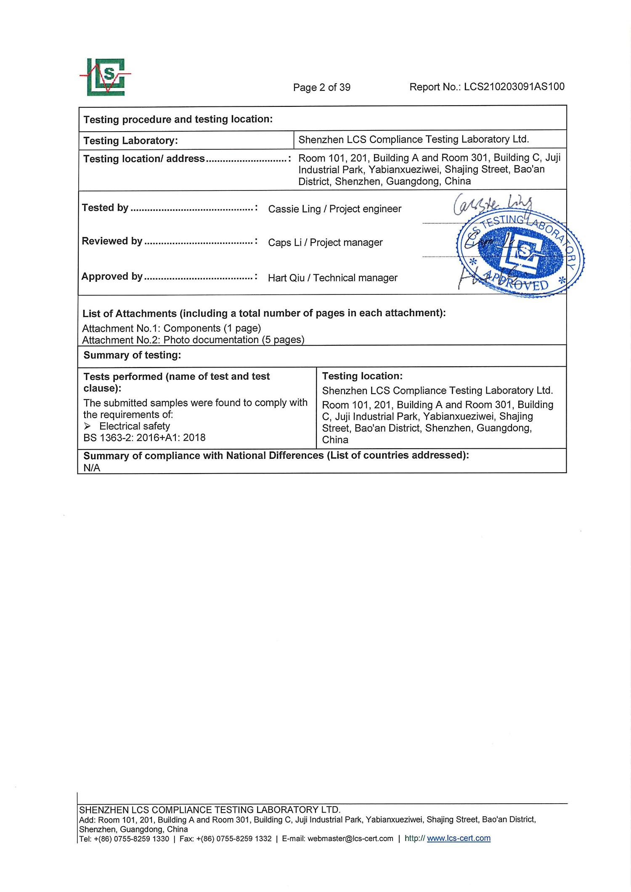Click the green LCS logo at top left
point(106,77)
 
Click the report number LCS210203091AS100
point(514,87)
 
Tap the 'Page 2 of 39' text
point(322,87)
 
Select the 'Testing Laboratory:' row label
point(130,140)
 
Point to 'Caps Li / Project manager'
point(325,243)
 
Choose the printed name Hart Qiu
point(286,278)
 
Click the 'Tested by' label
point(105,208)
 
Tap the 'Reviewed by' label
point(112,241)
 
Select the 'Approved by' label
point(112,276)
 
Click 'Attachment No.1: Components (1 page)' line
point(171,328)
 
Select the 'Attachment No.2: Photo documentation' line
point(193,340)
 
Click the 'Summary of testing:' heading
point(132,355)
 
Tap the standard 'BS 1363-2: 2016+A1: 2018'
point(144,438)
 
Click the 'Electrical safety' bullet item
point(135,426)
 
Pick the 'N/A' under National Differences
point(92,468)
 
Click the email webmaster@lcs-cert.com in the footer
point(350,839)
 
